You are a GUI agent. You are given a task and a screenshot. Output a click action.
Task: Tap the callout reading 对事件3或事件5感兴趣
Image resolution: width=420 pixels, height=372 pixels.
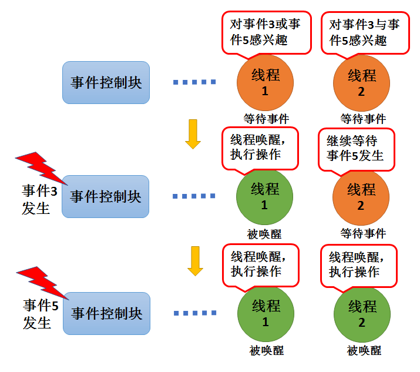[266, 32]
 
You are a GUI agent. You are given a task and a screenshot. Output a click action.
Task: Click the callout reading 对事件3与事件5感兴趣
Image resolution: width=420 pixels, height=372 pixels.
[365, 32]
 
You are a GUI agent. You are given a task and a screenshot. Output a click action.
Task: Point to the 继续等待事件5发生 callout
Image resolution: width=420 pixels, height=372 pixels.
[355, 149]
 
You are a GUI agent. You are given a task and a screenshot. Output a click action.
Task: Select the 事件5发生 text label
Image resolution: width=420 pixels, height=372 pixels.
[41, 314]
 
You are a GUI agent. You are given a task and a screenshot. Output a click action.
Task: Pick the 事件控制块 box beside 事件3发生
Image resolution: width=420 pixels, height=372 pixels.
[106, 196]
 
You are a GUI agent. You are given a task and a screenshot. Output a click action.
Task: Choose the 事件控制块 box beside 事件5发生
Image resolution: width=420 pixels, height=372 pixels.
[106, 313]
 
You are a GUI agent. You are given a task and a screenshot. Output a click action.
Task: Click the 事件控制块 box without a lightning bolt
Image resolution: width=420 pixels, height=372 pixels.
[106, 82]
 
